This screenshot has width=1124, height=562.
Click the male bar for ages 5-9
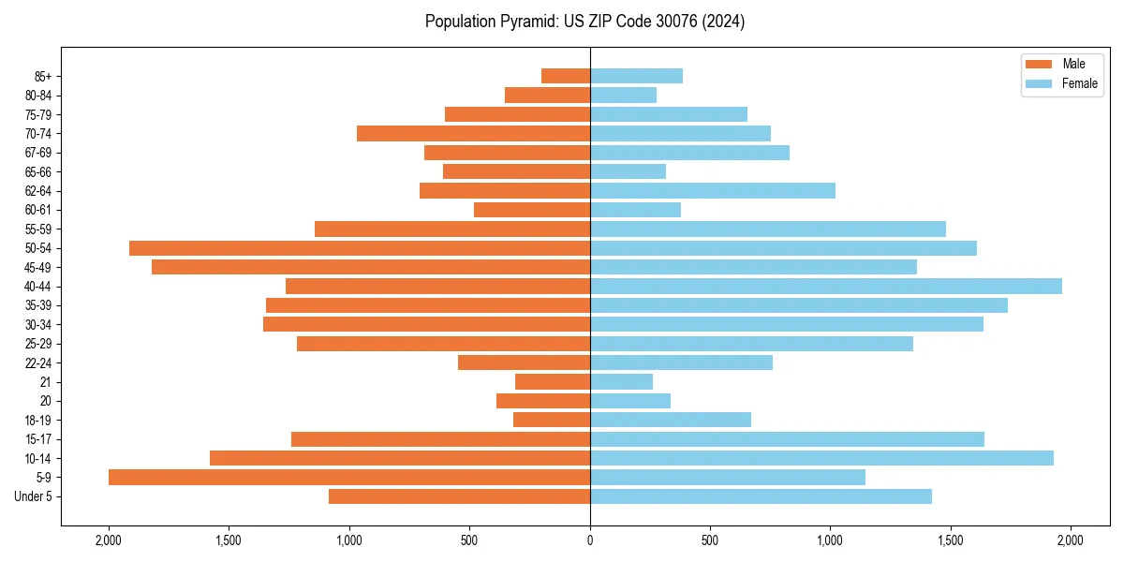point(349,478)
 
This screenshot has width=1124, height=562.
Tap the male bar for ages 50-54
point(360,248)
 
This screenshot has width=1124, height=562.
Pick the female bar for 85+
point(636,76)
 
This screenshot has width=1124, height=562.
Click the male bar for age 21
point(553,382)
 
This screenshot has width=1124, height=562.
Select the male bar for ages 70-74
point(473,134)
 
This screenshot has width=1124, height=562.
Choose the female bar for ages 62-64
point(713,191)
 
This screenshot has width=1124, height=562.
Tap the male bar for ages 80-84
point(547,96)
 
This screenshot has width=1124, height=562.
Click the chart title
point(584,22)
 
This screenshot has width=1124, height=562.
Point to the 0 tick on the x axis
point(590,540)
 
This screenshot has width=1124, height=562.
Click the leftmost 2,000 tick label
point(109,540)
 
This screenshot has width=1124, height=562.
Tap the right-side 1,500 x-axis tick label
point(950,540)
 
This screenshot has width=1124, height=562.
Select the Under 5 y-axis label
point(33,496)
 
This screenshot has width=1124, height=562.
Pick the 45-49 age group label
point(38,267)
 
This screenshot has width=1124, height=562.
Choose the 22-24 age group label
point(38,362)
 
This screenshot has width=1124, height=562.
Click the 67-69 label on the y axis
point(38,153)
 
